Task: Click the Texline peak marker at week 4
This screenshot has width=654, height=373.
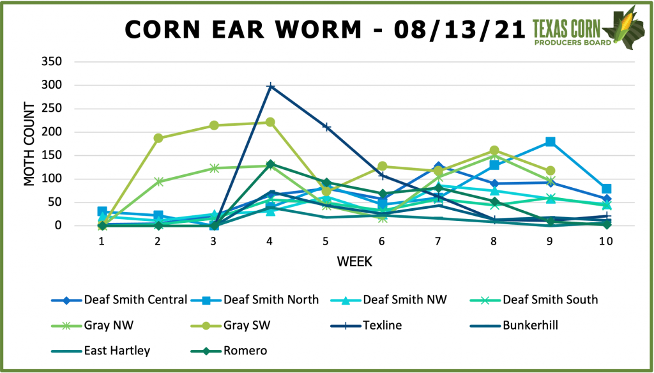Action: pyautogui.click(x=271, y=86)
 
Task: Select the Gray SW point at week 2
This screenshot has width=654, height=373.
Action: pyautogui.click(x=158, y=138)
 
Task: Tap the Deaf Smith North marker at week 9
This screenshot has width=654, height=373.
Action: pyautogui.click(x=550, y=142)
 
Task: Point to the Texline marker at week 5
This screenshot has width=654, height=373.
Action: pyautogui.click(x=326, y=127)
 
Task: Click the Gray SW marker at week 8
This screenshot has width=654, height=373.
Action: pyautogui.click(x=494, y=151)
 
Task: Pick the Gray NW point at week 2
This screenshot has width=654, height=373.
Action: pyautogui.click(x=158, y=181)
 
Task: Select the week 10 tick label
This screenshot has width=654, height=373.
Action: pyautogui.click(x=605, y=241)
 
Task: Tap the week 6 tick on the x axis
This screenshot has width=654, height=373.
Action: pyautogui.click(x=382, y=241)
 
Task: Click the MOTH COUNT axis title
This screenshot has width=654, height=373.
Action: pyautogui.click(x=29, y=143)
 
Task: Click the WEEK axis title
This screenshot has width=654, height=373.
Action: pyautogui.click(x=355, y=262)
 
